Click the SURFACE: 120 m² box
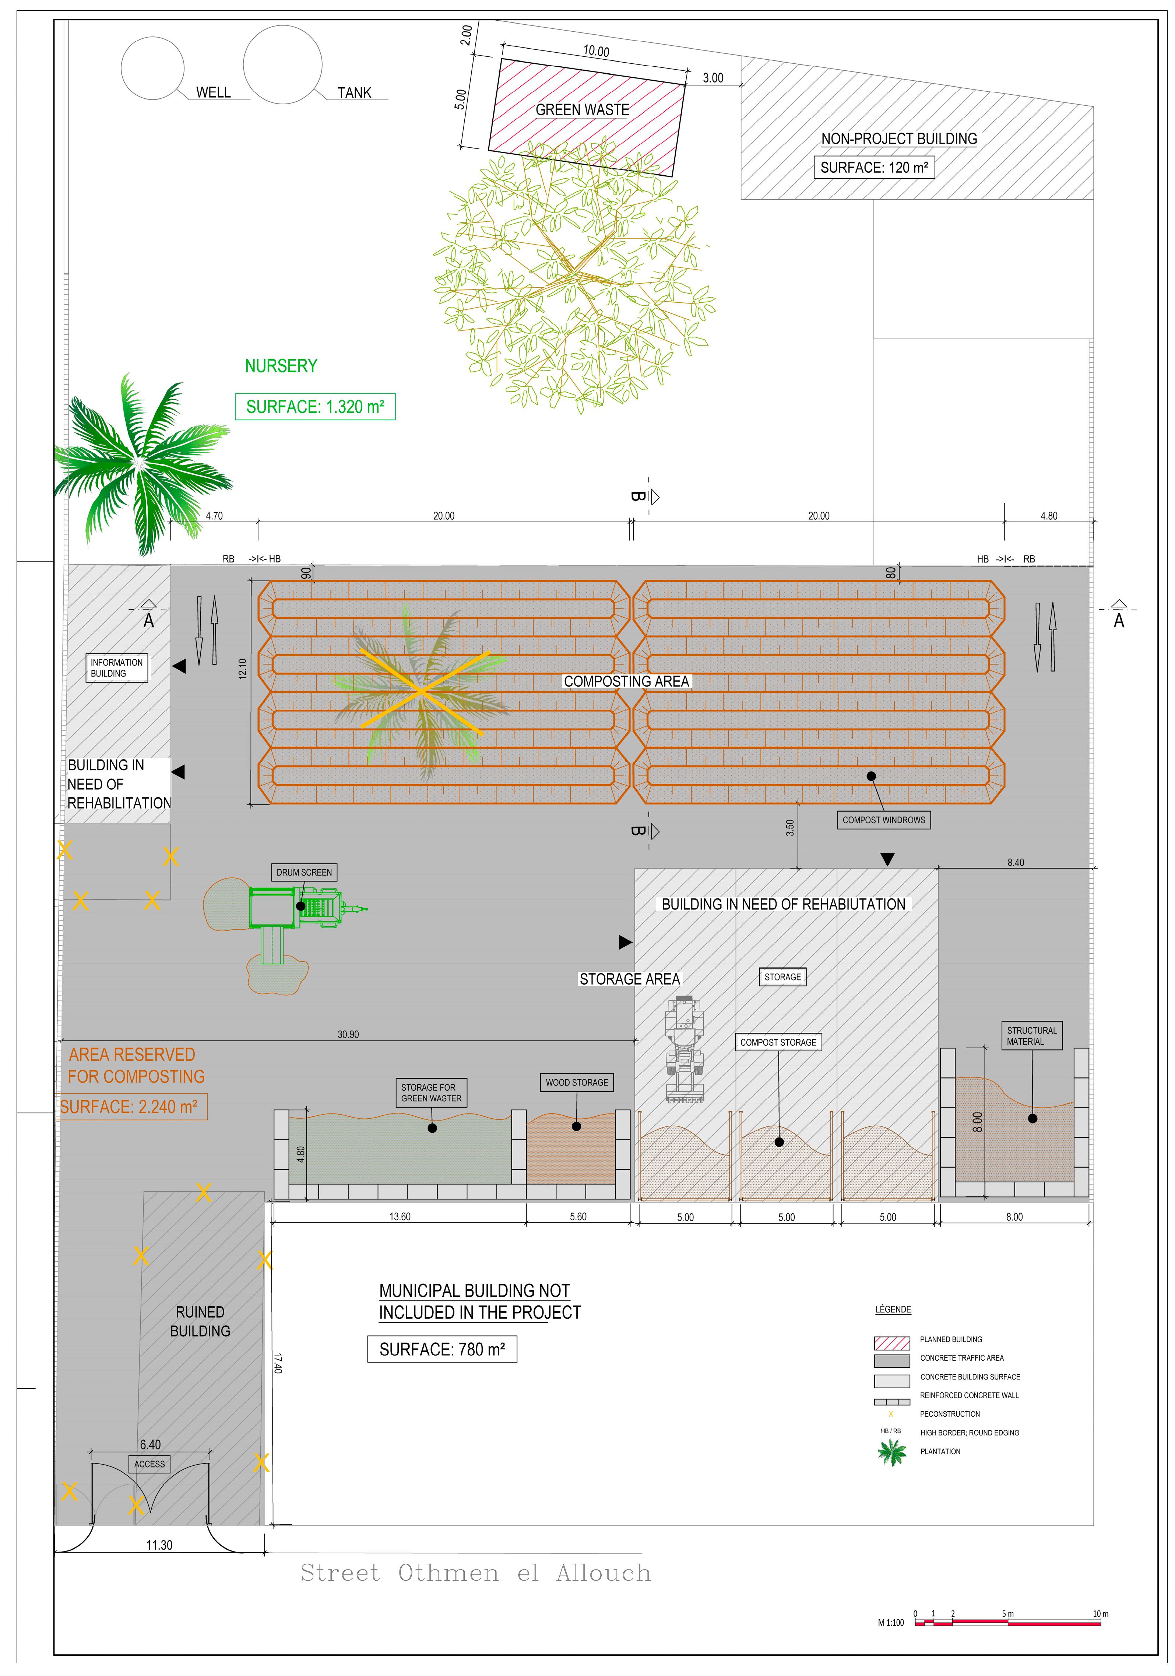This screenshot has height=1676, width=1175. coord(873,167)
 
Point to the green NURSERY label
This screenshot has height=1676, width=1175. coord(281,366)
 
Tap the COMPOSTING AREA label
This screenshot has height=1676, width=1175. coord(626,681)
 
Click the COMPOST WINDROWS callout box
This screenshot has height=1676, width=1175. coord(883,820)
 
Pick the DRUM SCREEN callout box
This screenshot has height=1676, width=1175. coord(304,872)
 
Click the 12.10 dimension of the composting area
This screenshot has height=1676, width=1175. coord(242,669)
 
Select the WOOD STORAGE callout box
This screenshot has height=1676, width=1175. coord(577,1083)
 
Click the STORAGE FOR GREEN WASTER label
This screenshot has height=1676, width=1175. coord(430,1093)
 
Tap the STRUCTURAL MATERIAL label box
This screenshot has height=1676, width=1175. coord(1031,1036)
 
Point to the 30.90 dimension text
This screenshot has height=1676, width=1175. coord(348,1034)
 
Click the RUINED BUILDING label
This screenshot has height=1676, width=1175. coord(200,1321)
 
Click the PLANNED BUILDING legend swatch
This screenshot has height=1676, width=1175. coord(892,1343)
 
